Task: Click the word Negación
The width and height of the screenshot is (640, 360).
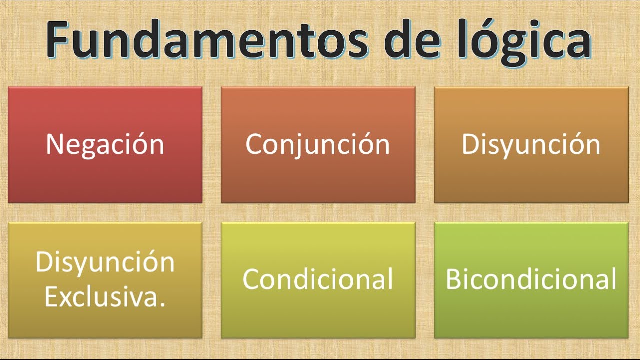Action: click(105, 144)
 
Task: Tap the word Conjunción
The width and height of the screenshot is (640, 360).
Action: click(318, 144)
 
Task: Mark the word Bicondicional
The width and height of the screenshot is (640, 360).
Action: click(531, 279)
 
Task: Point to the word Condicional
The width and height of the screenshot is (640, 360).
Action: click(318, 279)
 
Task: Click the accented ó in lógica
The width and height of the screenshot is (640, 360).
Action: click(492, 40)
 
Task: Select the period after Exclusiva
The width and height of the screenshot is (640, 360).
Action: click(163, 304)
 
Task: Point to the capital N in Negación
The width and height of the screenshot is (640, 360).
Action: click(54, 144)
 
